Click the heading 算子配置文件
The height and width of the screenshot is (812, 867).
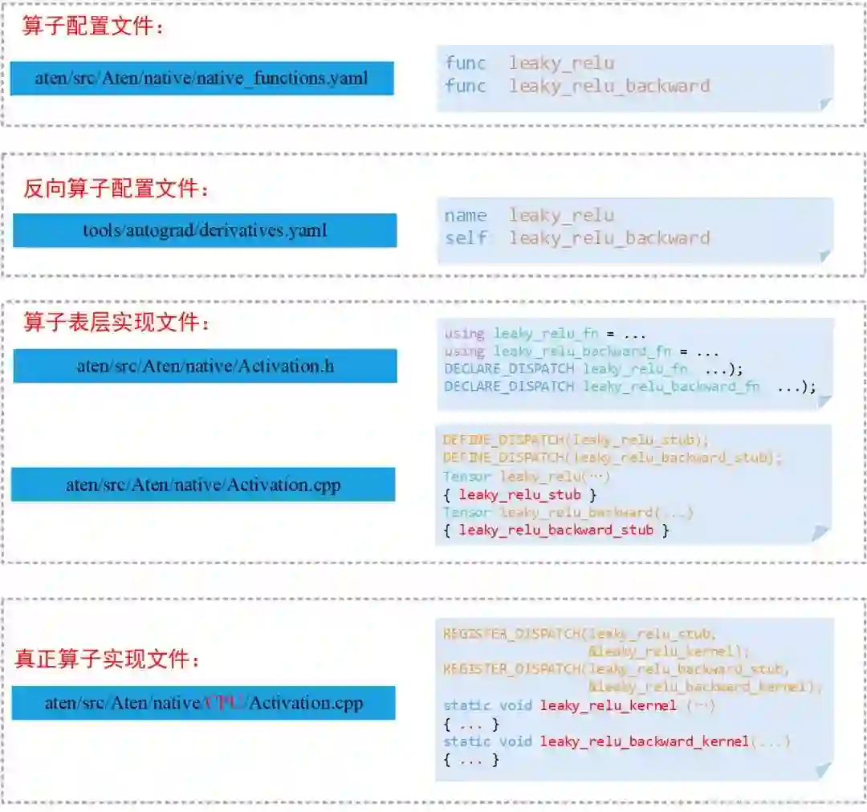93,26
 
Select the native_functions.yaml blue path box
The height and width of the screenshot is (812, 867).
201,78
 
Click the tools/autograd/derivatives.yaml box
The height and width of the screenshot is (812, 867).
205,230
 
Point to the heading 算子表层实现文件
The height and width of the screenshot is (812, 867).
116,323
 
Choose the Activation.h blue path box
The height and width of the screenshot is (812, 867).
205,366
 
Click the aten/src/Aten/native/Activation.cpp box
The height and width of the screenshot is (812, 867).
203,485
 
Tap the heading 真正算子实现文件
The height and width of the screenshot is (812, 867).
107,660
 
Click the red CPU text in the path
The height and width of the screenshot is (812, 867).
224,703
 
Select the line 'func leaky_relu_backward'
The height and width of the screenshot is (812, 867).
577,86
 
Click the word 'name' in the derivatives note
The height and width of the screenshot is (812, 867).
466,216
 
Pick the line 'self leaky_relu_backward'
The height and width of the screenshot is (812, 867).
577,238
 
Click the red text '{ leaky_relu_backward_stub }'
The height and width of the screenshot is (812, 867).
556,530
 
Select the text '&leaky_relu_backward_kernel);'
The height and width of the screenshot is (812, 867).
706,687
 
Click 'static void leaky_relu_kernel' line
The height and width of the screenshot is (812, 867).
578,705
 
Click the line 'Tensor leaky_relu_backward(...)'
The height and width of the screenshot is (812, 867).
568,512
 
